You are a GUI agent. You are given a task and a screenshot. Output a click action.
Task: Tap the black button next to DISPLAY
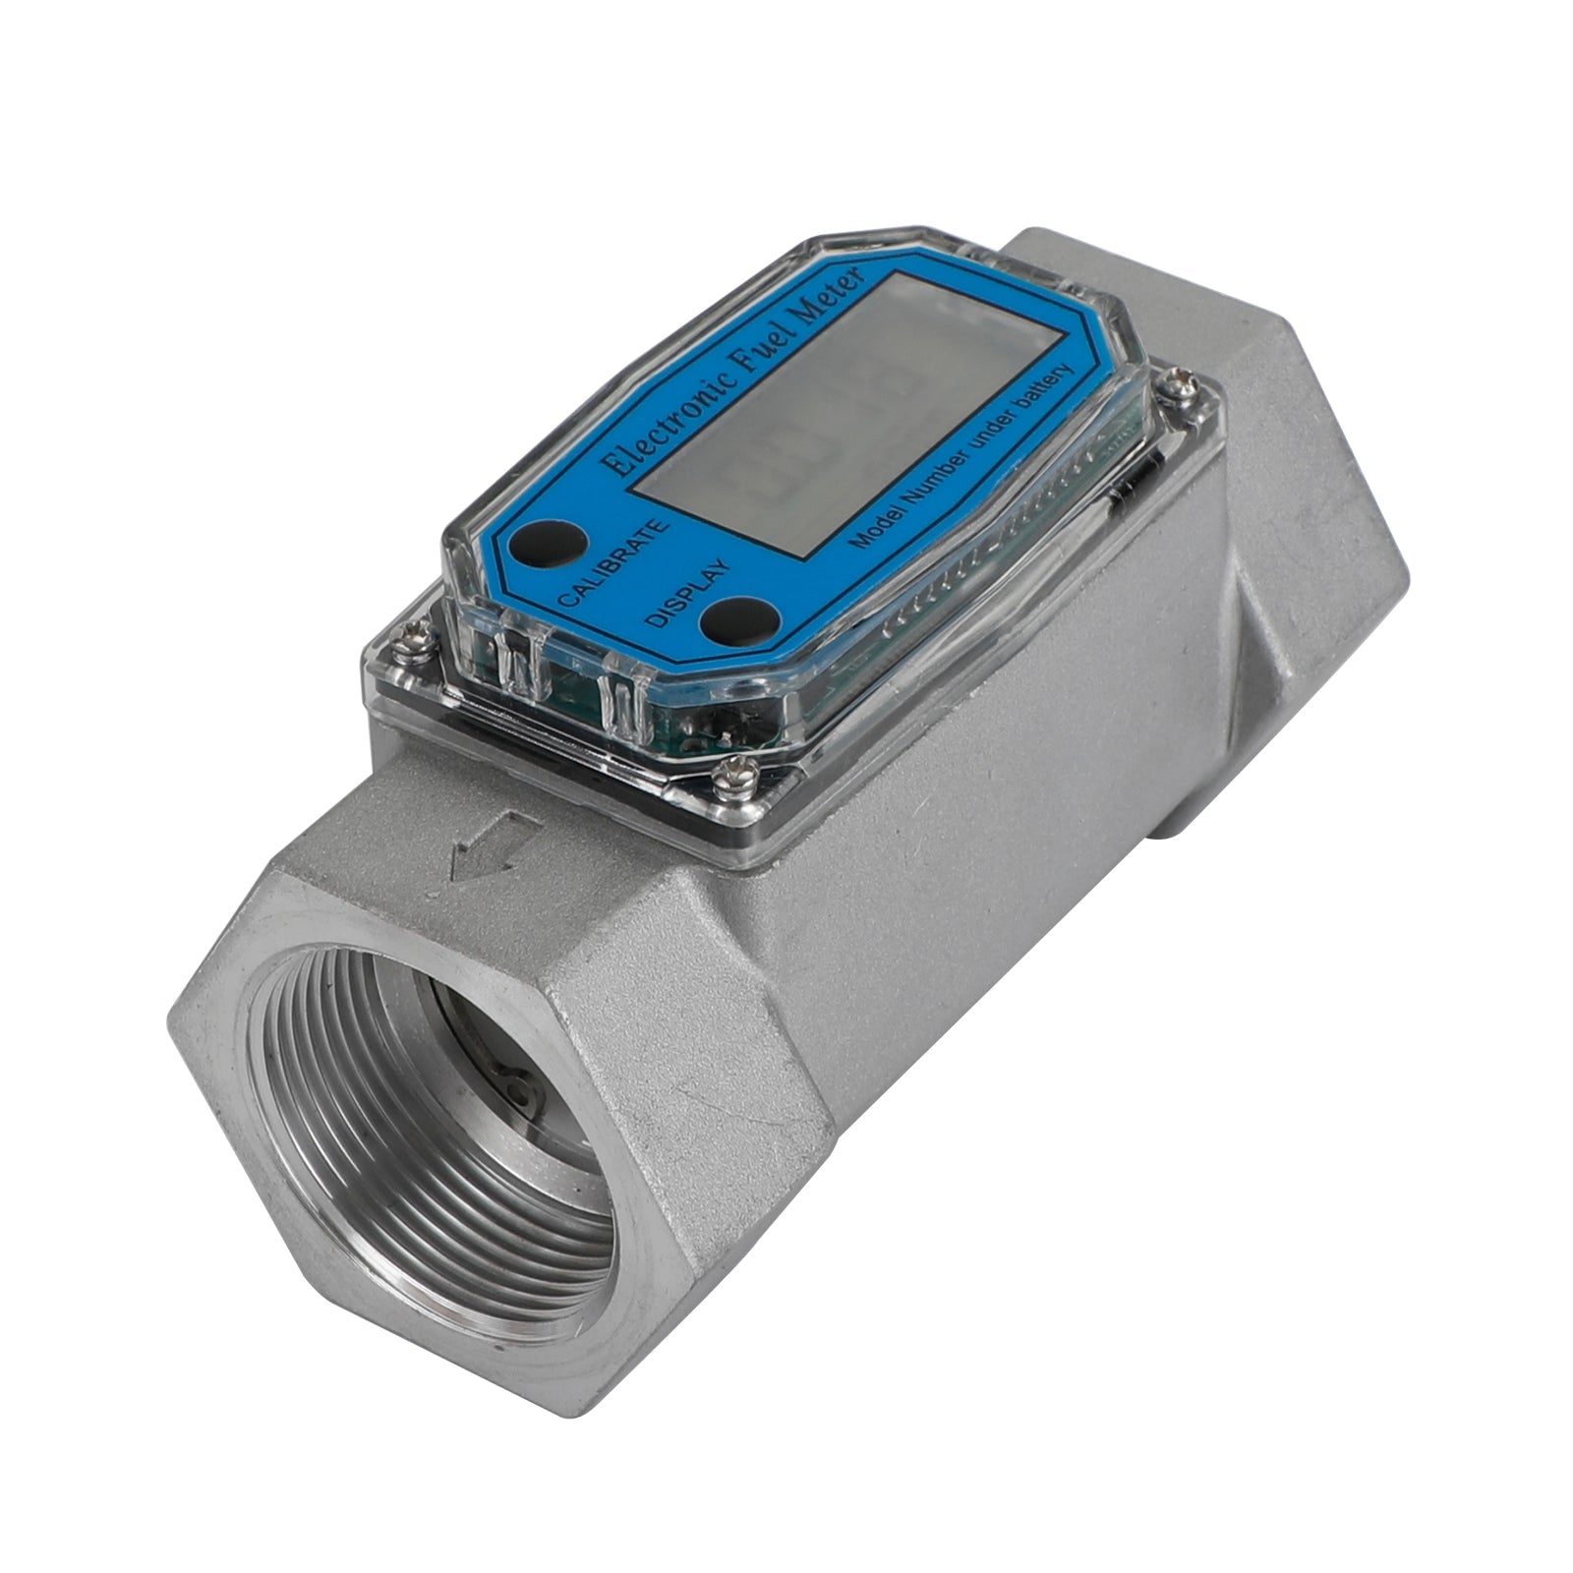728,618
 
